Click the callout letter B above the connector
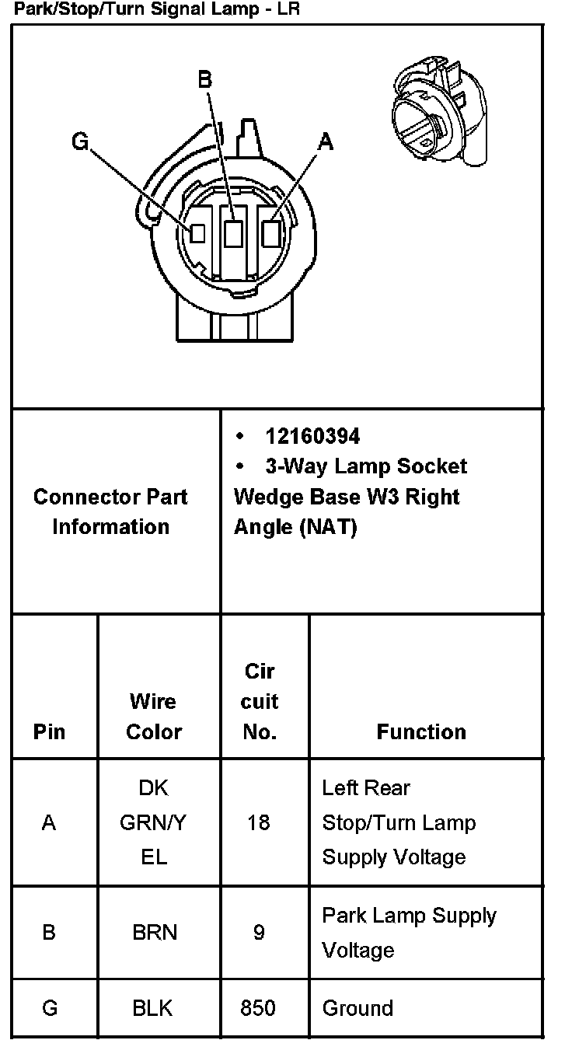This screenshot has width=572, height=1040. click(204, 79)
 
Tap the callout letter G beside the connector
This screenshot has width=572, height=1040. click(80, 141)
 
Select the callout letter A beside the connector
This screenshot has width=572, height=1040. click(326, 141)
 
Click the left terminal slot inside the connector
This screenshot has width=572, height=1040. click(197, 232)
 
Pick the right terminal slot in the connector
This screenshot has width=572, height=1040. click(271, 232)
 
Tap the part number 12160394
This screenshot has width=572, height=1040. click(312, 436)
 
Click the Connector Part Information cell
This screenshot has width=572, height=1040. click(110, 511)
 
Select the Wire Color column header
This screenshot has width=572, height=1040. click(154, 716)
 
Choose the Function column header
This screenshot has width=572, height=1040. click(421, 731)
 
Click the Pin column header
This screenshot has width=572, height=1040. click(50, 731)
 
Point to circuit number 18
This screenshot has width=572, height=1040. click(259, 822)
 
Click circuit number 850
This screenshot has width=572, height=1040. click(258, 1008)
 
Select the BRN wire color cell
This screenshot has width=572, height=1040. click(155, 932)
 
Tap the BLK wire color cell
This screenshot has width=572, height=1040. click(153, 1008)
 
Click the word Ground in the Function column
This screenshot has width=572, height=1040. click(357, 1008)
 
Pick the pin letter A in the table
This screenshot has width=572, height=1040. click(49, 822)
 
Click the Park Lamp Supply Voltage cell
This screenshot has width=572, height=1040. click(409, 932)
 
